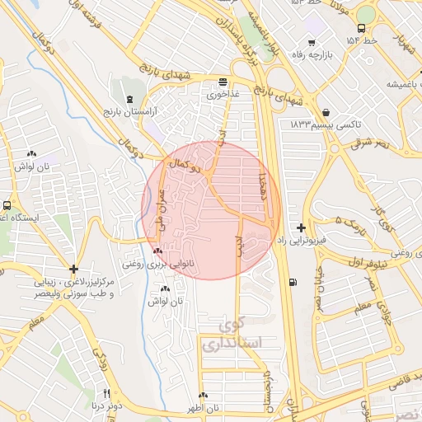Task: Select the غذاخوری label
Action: [223, 93]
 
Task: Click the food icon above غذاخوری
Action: [223, 82]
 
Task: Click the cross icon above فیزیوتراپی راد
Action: [301, 227]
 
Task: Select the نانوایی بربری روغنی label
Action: [158, 264]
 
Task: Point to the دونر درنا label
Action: [107, 406]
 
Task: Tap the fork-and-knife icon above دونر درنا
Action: [105, 393]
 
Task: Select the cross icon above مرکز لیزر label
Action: [74, 269]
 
